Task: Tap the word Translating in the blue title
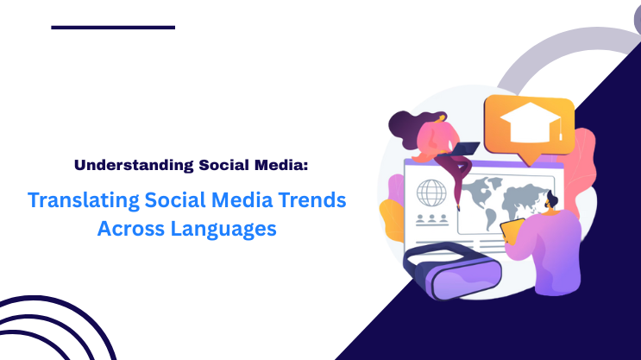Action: (76, 200)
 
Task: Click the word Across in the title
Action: (129, 230)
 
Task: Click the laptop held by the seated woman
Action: (467, 149)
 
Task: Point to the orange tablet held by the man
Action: (514, 232)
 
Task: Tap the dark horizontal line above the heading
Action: (113, 28)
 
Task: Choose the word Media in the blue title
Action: (236, 200)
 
